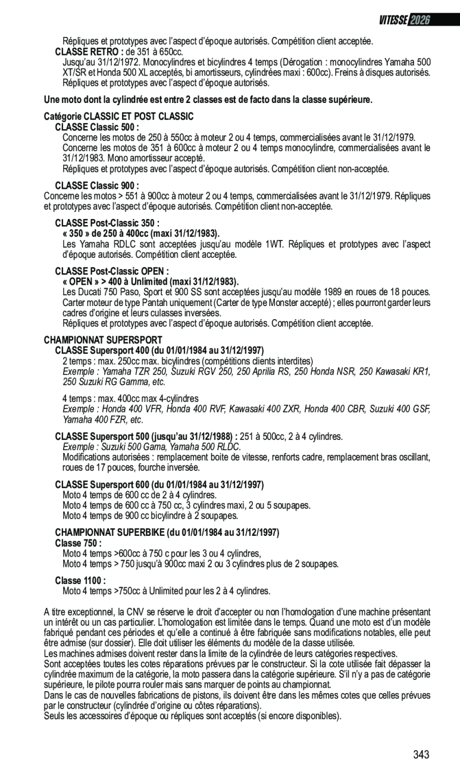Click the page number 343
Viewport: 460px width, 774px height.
tap(421, 755)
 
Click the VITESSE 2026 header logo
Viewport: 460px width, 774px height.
tap(404, 20)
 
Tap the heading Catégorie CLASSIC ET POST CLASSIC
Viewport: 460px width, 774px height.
tap(119, 116)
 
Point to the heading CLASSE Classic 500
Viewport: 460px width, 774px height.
tap(96, 127)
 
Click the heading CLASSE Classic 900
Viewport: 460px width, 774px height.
tap(96, 185)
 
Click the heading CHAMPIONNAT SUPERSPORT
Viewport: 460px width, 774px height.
tap(103, 340)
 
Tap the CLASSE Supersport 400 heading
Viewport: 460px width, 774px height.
tap(159, 350)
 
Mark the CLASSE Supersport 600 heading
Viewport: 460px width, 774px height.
tap(159, 485)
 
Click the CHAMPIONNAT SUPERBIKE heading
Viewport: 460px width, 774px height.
tap(167, 532)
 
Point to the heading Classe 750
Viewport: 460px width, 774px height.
tap(78, 543)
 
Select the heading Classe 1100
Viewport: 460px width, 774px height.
tap(80, 580)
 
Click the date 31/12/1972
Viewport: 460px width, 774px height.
tap(119, 62)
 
